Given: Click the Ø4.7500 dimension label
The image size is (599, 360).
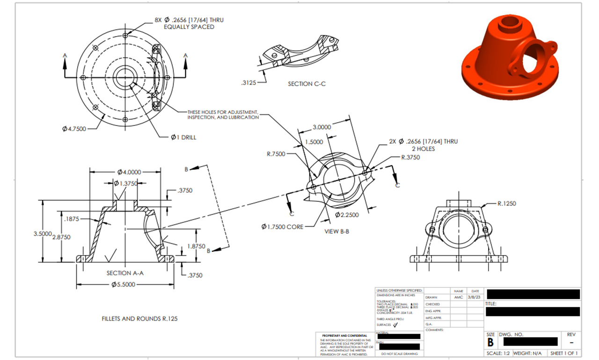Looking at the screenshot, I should pyautogui.click(x=74, y=129).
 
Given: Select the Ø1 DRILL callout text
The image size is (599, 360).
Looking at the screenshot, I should pyautogui.click(x=183, y=138).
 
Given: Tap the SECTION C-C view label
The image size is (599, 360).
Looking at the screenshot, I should pyautogui.click(x=307, y=84).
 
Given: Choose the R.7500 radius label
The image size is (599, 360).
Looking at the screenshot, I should pyautogui.click(x=276, y=154).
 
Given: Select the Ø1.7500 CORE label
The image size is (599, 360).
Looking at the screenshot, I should pyautogui.click(x=282, y=227).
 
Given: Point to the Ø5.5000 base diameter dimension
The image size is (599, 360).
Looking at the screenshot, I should pyautogui.click(x=124, y=285).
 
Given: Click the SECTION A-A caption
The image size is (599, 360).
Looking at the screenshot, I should pyautogui.click(x=125, y=273).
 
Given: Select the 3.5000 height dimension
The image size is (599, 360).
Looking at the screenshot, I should pyautogui.click(x=42, y=234).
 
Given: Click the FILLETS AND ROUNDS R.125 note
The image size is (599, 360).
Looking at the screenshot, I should pyautogui.click(x=139, y=319).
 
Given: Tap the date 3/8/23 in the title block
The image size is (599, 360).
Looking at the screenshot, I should pyautogui.click(x=475, y=297).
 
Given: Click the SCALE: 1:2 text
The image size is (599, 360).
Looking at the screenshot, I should pyautogui.click(x=498, y=353).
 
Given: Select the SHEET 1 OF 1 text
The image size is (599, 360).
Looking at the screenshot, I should pyautogui.click(x=564, y=353).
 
